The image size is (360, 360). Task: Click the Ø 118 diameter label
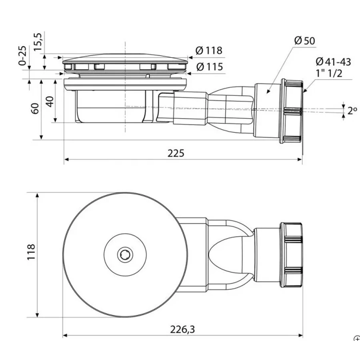pyautogui.click(x=209, y=50)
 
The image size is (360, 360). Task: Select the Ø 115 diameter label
pyautogui.click(x=210, y=67)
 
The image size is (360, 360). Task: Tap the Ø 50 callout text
pyautogui.click(x=304, y=41)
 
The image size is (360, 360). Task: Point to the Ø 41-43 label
pyautogui.click(x=333, y=62)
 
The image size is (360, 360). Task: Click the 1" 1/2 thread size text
pyautogui.click(x=329, y=73)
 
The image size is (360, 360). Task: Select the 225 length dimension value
pyautogui.click(x=176, y=153)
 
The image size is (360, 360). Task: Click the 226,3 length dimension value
pyautogui.click(x=182, y=330)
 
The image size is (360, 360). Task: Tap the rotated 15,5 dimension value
pyautogui.click(x=38, y=42)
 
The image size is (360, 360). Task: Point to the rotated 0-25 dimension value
pyautogui.click(x=22, y=56)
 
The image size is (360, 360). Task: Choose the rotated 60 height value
pyautogui.click(x=35, y=108)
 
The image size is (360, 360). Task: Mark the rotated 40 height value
pyautogui.click(x=50, y=102)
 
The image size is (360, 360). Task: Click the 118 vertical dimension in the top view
pyautogui.click(x=31, y=252)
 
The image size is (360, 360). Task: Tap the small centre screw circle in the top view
pyautogui.click(x=125, y=255)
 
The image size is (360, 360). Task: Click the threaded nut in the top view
pyautogui.click(x=291, y=255)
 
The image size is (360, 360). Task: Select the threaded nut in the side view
pyautogui.click(x=292, y=111)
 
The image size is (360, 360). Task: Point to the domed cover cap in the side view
pyautogui.click(x=125, y=58)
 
